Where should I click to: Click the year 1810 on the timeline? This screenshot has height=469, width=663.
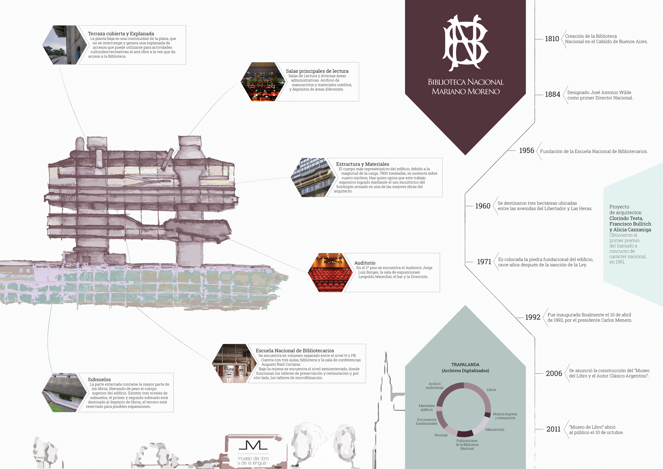[x=552, y=39]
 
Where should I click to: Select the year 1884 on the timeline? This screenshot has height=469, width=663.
[x=552, y=94]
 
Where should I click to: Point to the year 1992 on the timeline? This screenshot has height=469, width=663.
[x=532, y=317]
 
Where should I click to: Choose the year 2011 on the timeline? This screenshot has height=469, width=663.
[x=553, y=429]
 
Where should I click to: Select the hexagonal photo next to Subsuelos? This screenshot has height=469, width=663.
[x=64, y=392]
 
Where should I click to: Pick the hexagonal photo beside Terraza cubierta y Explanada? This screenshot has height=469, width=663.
[x=60, y=45]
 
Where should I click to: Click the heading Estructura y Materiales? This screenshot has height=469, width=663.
[x=362, y=164]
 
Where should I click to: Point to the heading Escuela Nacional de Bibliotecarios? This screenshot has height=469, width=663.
[x=295, y=350]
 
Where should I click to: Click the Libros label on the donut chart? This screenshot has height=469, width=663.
[x=491, y=390]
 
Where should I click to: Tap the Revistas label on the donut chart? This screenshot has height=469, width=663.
[x=441, y=435]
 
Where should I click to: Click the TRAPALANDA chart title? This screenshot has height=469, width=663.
[x=465, y=365]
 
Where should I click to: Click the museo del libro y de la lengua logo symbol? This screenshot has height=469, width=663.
[x=253, y=446]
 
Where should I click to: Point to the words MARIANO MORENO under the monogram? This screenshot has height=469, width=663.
[x=465, y=92]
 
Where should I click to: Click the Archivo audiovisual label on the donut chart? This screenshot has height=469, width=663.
[x=435, y=386]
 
